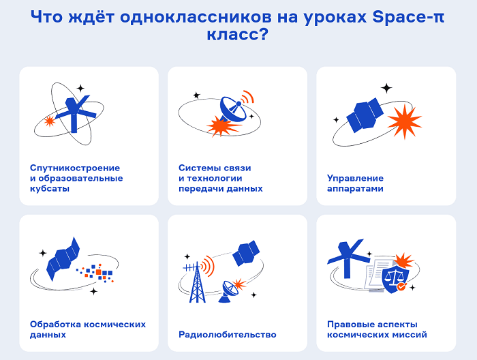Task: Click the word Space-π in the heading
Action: (x=408, y=18)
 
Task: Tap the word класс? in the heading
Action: (x=238, y=34)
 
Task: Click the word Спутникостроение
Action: (x=75, y=168)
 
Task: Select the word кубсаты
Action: (x=50, y=188)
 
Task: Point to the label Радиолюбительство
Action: (x=227, y=335)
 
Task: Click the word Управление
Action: (x=355, y=178)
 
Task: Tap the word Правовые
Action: (x=349, y=325)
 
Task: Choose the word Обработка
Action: (x=55, y=324)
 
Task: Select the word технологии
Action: (x=215, y=179)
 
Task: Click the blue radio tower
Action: (x=197, y=282)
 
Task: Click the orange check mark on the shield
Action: (x=401, y=286)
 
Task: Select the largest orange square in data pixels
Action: (x=99, y=272)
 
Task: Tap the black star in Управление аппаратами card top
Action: (x=386, y=88)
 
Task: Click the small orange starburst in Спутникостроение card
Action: (x=49, y=121)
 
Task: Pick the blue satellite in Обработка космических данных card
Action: (x=63, y=258)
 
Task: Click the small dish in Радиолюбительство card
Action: (x=230, y=291)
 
